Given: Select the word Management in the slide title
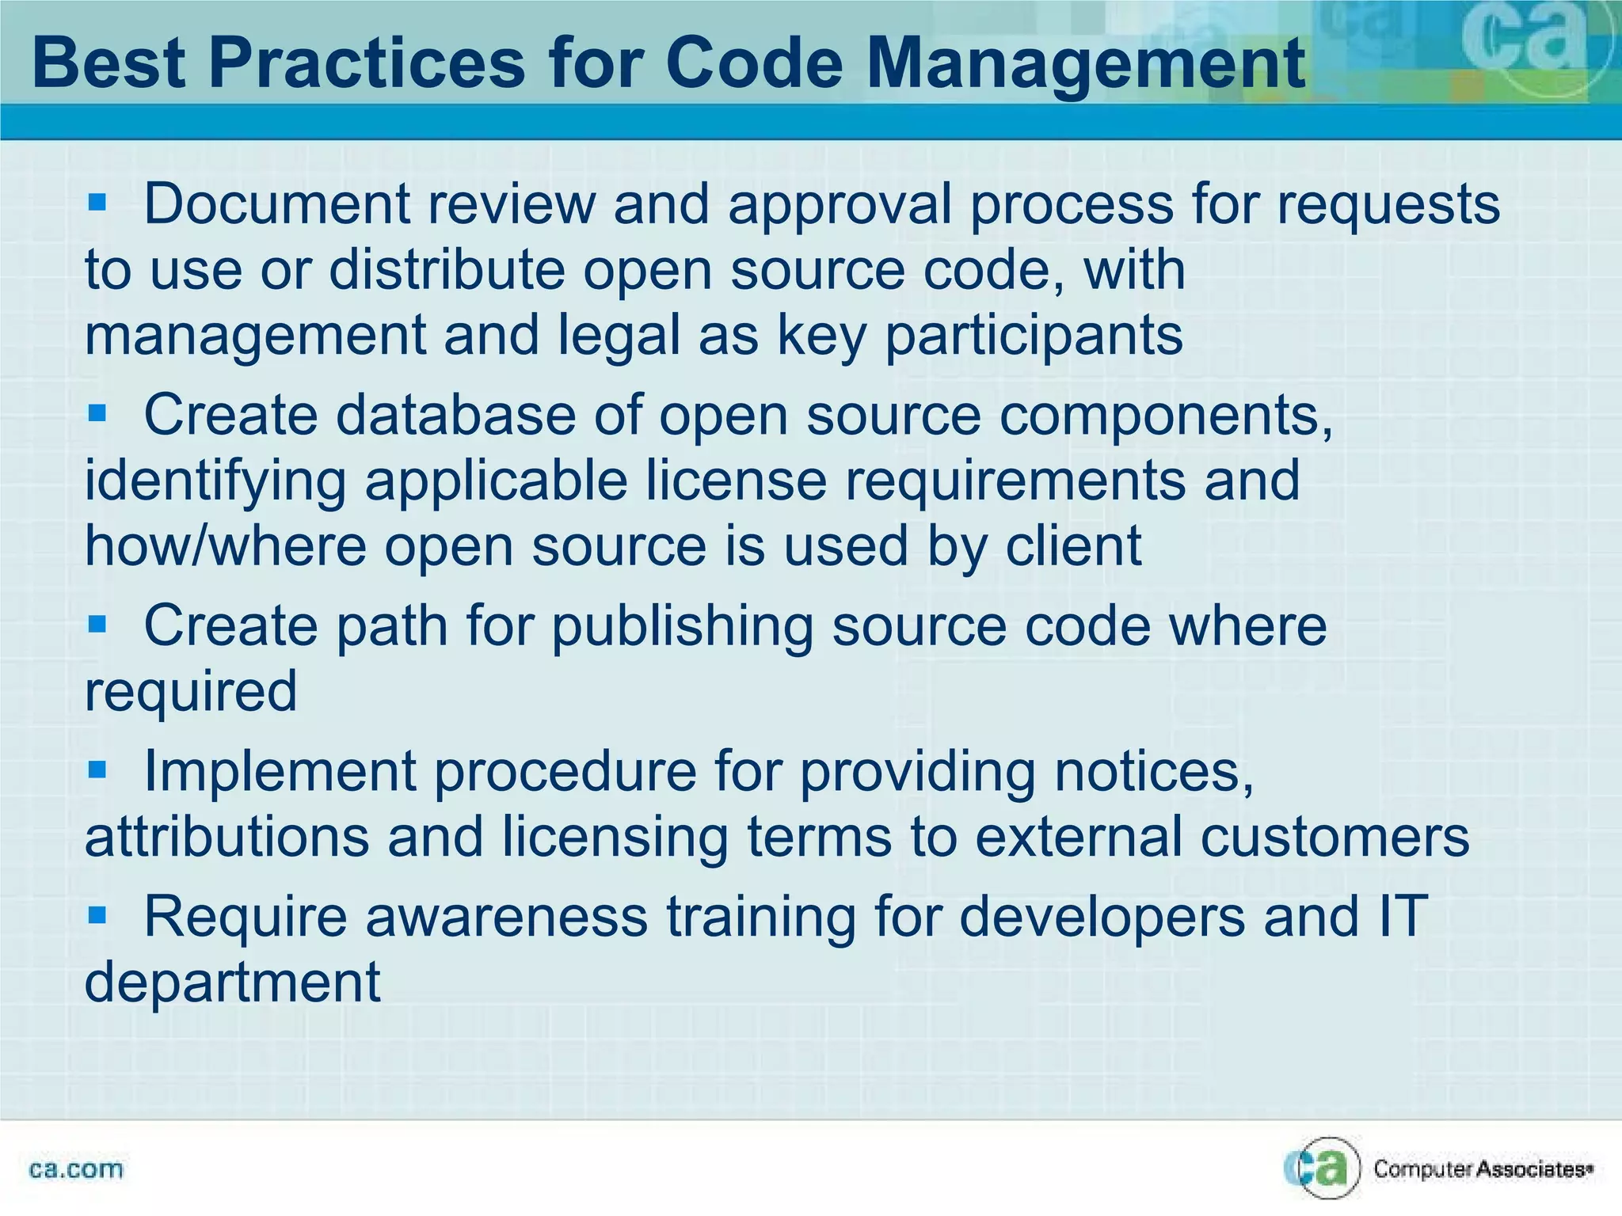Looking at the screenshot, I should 1085,63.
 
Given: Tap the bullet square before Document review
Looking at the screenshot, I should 97,202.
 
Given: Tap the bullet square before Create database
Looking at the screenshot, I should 97,412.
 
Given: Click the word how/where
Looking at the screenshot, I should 225,546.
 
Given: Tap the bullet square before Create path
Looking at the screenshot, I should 97,624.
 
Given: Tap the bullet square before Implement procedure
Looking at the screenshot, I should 97,769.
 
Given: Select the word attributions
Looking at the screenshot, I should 227,837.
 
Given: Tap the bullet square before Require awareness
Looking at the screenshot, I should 97,914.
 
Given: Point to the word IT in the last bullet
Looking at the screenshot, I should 1403,916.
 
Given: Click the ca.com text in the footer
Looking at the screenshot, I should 76,1169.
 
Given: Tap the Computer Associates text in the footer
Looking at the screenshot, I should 1481,1169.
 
